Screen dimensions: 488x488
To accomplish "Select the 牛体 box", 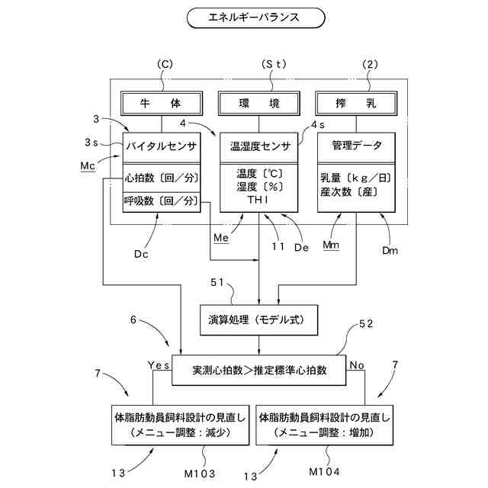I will click(160, 103).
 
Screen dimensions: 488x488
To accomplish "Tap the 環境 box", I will click(258, 103).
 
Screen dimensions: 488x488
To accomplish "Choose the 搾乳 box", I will click(355, 103).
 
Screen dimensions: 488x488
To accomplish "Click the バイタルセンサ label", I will click(161, 144).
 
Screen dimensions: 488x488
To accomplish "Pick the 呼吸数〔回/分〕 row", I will click(161, 202).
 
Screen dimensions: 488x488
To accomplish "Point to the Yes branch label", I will click(159, 364).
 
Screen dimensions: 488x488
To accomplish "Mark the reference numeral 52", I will click(366, 324).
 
